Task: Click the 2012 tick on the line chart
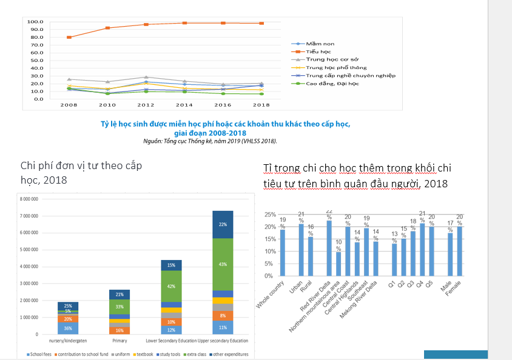point(146,104)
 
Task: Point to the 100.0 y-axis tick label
point(36,22)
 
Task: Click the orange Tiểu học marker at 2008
point(69,38)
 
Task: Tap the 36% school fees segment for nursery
point(68,328)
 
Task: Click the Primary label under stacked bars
point(120,341)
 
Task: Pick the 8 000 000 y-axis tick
point(29,199)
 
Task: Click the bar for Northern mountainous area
point(339,264)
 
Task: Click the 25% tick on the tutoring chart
point(268,215)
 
